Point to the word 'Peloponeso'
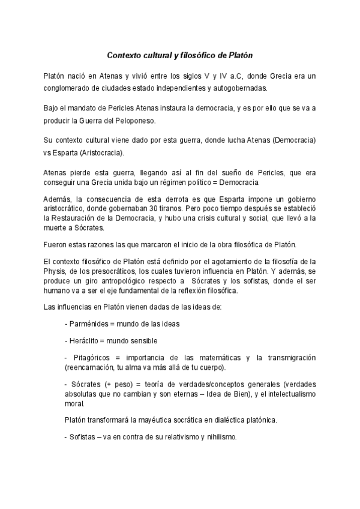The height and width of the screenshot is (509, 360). (135, 120)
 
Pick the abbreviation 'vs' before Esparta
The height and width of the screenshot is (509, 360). (48, 152)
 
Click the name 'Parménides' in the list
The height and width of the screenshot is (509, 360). (88, 324)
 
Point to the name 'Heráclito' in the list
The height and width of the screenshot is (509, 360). (85, 340)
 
